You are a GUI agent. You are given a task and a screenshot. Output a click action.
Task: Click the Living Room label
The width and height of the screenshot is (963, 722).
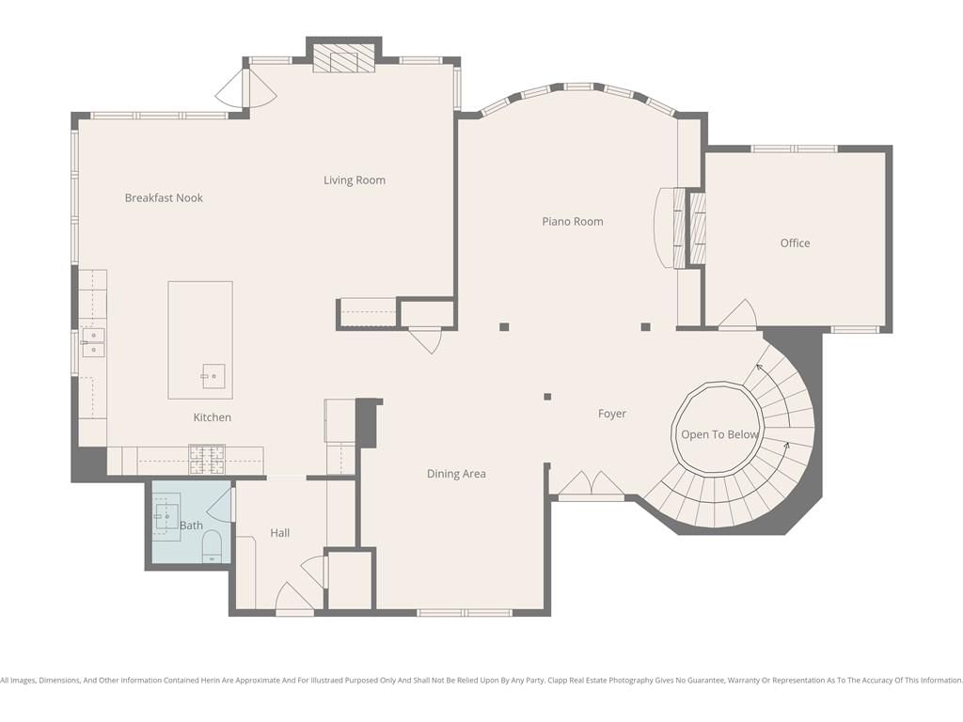click(355, 180)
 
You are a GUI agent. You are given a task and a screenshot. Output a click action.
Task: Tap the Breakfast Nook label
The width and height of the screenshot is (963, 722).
click(164, 197)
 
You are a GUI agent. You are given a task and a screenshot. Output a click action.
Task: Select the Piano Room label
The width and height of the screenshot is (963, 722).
click(573, 222)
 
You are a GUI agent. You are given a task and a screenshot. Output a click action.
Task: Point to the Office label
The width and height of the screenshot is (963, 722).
click(795, 243)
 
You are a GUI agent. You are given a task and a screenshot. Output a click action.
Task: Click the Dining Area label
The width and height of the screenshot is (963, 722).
click(456, 474)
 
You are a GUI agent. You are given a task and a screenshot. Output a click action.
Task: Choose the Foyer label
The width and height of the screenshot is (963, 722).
click(612, 414)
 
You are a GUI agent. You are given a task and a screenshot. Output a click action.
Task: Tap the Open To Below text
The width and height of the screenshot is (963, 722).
click(719, 434)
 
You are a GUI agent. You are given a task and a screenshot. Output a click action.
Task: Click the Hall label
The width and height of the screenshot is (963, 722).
click(280, 533)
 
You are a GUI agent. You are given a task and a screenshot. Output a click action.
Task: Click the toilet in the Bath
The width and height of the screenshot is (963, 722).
click(212, 546)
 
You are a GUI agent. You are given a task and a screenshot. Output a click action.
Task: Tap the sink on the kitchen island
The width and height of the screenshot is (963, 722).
click(213, 376)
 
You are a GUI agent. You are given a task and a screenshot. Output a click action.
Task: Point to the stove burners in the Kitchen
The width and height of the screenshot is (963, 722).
click(207, 460)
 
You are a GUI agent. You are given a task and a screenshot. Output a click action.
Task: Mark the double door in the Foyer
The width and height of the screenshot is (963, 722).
click(591, 483)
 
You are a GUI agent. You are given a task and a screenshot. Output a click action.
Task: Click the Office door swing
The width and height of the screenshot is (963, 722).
click(737, 313)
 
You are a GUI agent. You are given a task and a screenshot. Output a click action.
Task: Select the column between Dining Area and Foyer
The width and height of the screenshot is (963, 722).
click(547, 397)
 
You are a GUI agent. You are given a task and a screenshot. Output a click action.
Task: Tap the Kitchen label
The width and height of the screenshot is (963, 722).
click(213, 417)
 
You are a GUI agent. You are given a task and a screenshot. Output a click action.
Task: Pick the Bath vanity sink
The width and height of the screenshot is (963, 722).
click(166, 518)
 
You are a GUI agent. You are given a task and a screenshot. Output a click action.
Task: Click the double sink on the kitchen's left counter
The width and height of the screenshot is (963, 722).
click(93, 342)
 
